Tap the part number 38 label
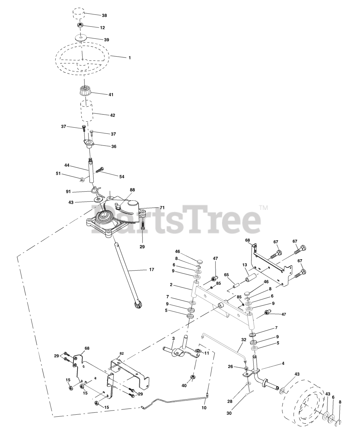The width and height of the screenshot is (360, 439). click(x=104, y=15)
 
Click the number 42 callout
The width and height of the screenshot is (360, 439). click(x=113, y=115)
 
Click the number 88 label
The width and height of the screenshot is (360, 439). click(x=132, y=190)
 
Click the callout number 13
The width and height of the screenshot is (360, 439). click(x=245, y=265)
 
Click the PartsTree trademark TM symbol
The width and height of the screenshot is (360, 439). click(x=263, y=208)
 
